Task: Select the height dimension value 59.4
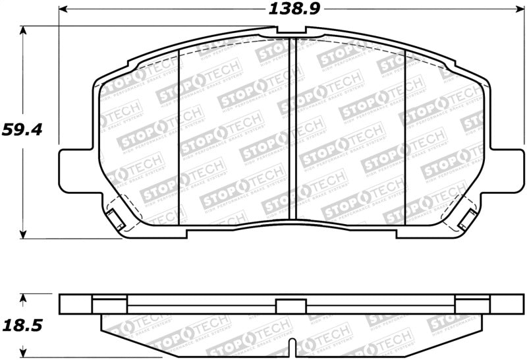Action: tap(22, 129)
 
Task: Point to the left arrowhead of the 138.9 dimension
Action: tap(64, 10)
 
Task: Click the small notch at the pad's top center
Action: tap(291, 30)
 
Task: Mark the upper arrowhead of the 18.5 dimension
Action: tap(24, 299)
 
